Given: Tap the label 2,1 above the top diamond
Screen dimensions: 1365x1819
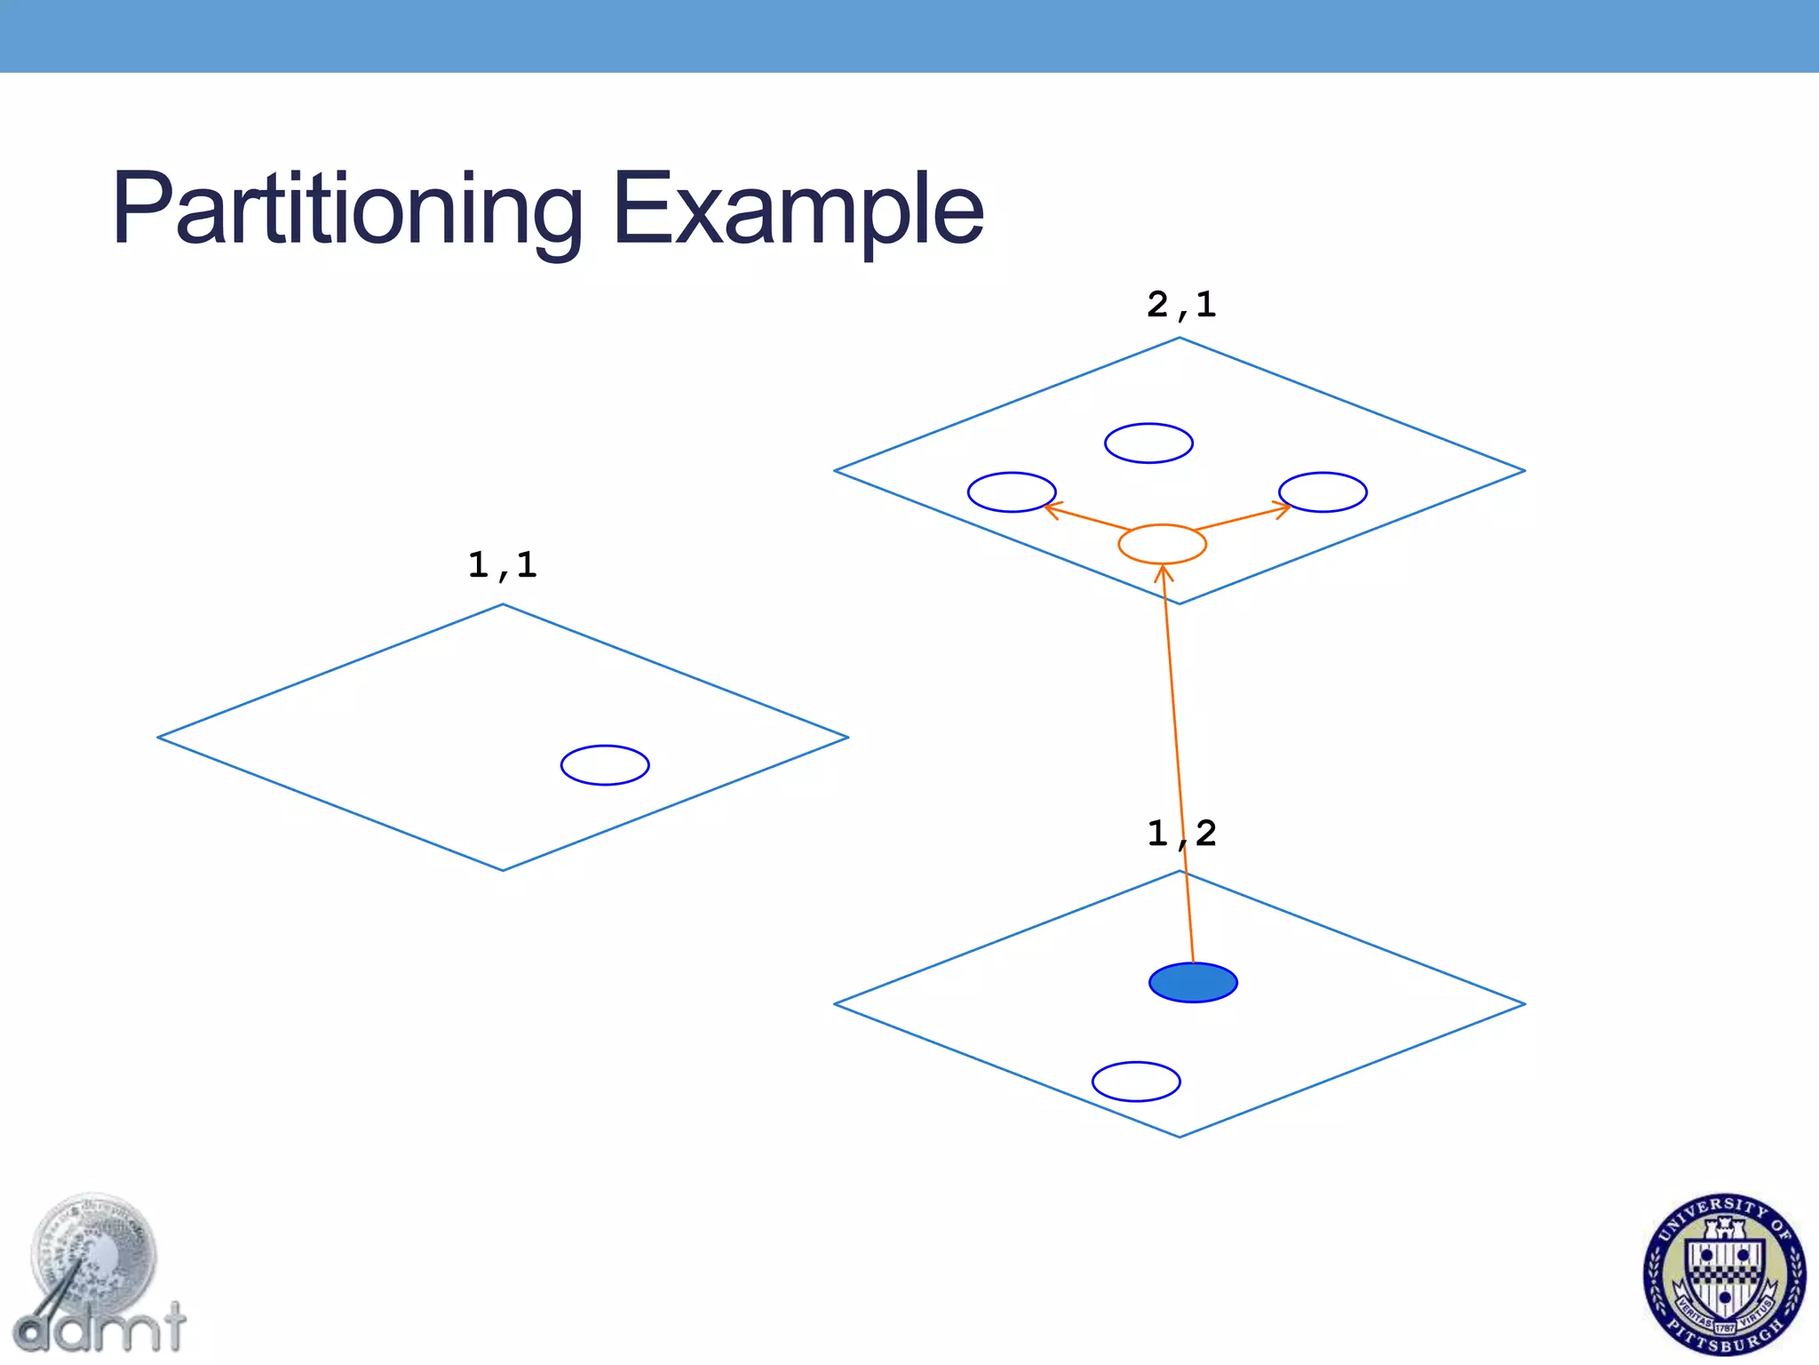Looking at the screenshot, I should [x=1180, y=305].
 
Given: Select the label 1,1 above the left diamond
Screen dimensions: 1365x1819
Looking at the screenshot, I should [x=502, y=565].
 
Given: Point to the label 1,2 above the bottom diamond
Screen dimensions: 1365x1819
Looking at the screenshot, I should [x=1180, y=834].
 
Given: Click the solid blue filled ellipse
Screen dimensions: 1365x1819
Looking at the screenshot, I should [x=1193, y=983].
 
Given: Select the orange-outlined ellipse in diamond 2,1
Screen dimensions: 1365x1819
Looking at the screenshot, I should [x=1162, y=544].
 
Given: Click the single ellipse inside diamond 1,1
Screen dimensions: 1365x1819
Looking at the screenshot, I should [x=605, y=765].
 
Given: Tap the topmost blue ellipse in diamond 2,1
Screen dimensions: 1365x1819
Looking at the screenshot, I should [x=1148, y=443].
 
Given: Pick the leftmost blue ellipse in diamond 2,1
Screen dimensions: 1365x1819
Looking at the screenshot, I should [x=1012, y=491].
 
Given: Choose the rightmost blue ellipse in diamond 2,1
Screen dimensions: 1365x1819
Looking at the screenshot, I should [x=1323, y=491].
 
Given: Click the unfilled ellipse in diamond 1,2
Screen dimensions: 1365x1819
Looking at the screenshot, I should [x=1136, y=1082].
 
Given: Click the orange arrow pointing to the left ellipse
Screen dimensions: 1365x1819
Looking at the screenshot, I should [x=1088, y=517].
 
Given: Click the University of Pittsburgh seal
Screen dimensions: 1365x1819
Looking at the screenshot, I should [x=1724, y=1274].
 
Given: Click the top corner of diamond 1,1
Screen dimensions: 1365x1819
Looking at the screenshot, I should [x=503, y=605].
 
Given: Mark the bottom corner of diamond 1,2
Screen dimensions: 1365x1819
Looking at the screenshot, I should [x=1180, y=1137].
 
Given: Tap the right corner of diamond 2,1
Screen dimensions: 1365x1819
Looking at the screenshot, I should [x=1524, y=470].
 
